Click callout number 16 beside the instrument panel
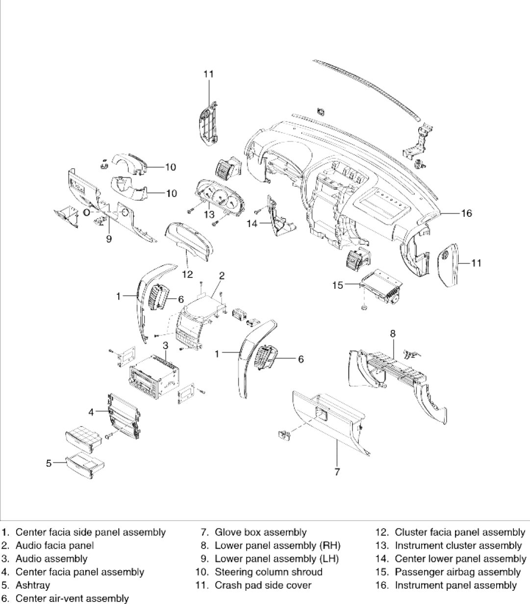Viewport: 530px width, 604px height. (x=466, y=213)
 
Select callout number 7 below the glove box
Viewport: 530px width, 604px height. (x=337, y=472)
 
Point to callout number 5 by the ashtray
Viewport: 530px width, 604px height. (x=49, y=462)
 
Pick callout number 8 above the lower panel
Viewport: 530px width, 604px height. (x=393, y=334)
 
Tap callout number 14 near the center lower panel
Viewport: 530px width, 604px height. (x=252, y=224)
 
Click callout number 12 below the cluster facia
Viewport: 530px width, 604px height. (x=187, y=274)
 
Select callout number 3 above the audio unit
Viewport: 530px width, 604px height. (x=166, y=345)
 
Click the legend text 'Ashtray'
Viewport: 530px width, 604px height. (x=33, y=585)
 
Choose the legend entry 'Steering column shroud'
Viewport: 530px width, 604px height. (x=268, y=572)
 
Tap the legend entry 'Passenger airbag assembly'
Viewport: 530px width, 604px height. (x=457, y=572)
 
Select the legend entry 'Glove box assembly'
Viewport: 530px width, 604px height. (x=260, y=532)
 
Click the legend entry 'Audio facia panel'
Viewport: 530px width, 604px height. (x=54, y=545)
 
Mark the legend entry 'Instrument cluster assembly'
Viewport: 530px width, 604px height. (x=458, y=545)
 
